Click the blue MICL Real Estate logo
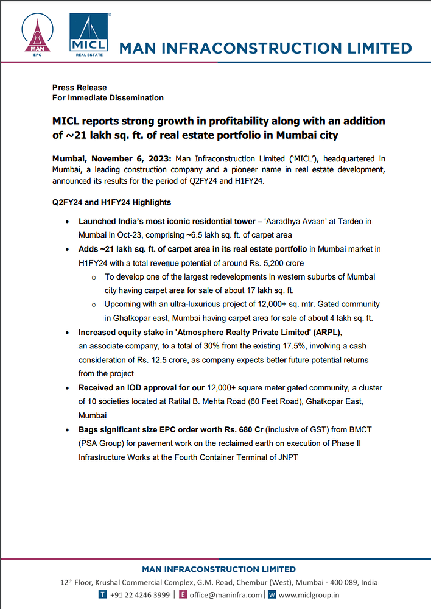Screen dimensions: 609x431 click(89, 34)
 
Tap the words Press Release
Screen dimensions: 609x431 click(79, 88)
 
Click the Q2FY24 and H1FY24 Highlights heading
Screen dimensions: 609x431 click(111, 202)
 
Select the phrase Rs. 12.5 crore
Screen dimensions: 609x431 click(160, 360)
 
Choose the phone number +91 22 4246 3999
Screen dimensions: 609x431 click(140, 595)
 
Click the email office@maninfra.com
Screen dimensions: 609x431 click(225, 595)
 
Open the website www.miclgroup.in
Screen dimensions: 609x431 click(309, 595)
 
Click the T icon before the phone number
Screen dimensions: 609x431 click(103, 595)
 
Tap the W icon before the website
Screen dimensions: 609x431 click(272, 595)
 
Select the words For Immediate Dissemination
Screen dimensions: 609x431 click(108, 98)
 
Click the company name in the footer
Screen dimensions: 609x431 click(219, 569)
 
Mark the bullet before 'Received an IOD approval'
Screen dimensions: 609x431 click(66, 388)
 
